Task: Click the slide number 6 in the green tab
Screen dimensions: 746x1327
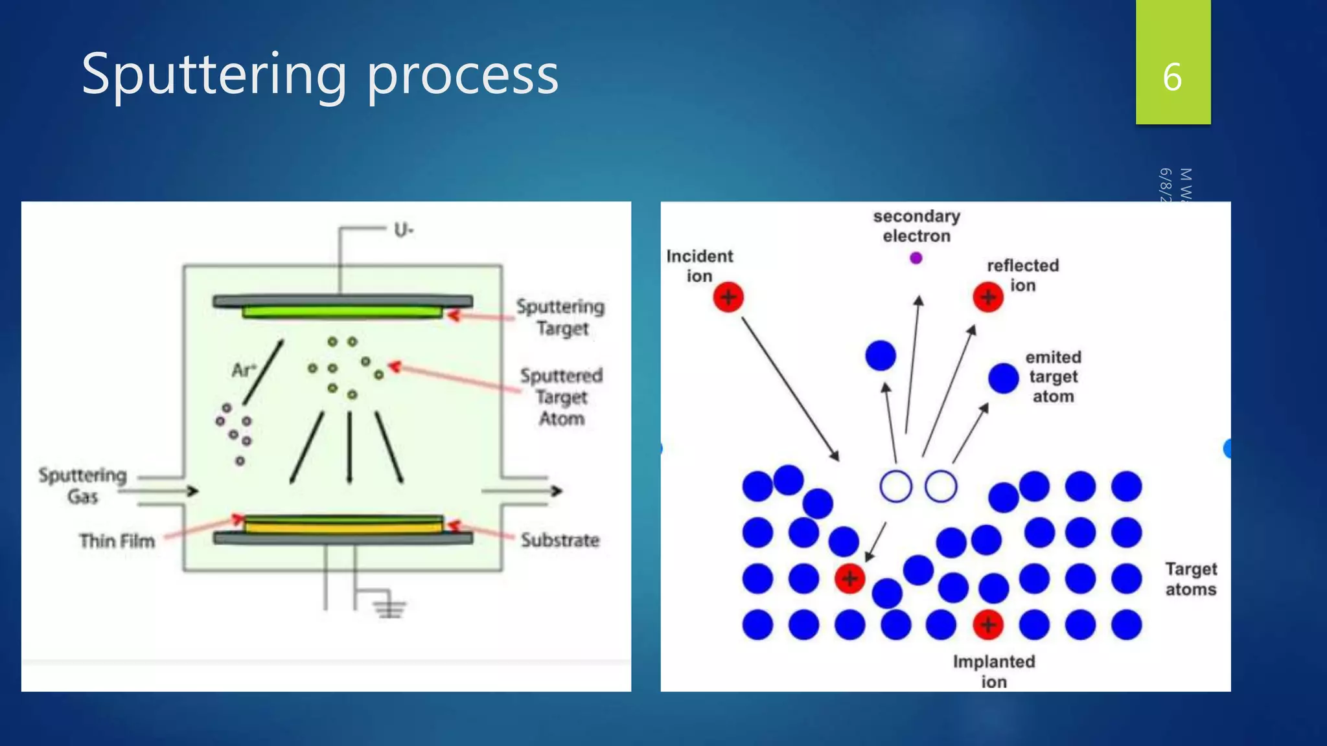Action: pyautogui.click(x=1172, y=77)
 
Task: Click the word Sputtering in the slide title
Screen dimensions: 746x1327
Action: pyautogui.click(x=214, y=74)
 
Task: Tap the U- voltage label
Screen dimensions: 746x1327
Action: pyautogui.click(x=404, y=230)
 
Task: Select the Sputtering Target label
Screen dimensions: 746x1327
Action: pyautogui.click(x=561, y=317)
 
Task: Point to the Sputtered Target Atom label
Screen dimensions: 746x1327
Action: pyautogui.click(x=561, y=397)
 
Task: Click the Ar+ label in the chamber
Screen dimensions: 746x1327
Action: pyautogui.click(x=244, y=370)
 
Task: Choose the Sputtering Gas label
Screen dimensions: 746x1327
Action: pyautogui.click(x=82, y=486)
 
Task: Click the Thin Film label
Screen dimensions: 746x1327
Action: pyautogui.click(x=117, y=541)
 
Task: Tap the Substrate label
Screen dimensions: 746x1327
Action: pyautogui.click(x=560, y=540)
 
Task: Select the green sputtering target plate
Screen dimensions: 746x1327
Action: pyautogui.click(x=342, y=313)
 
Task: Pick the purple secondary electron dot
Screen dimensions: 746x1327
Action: pyautogui.click(x=916, y=258)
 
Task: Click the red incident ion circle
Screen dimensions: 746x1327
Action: pyautogui.click(x=728, y=297)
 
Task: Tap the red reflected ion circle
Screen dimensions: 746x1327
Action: pyautogui.click(x=988, y=297)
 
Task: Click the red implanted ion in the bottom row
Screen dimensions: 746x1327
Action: pyautogui.click(x=988, y=625)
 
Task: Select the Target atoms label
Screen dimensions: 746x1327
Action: pyautogui.click(x=1191, y=579)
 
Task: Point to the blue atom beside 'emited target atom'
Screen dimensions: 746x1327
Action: pyautogui.click(x=1004, y=378)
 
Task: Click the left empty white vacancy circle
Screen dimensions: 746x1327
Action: pyautogui.click(x=895, y=487)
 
